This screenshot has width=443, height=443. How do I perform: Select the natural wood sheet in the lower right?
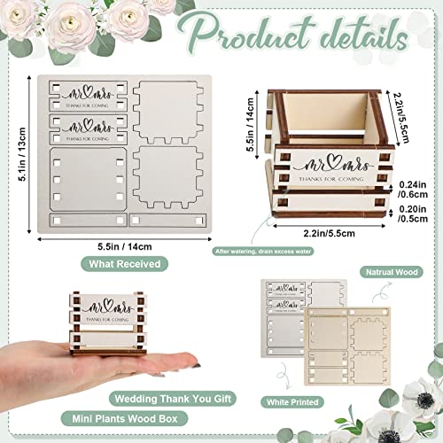point(354,350)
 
